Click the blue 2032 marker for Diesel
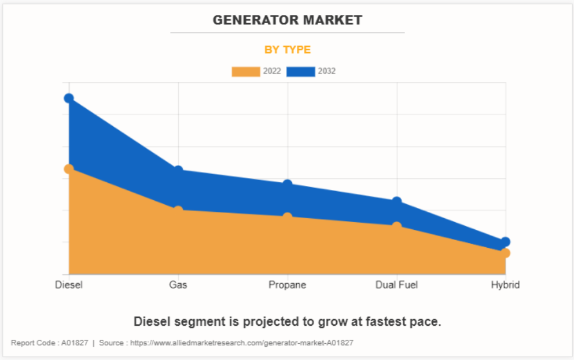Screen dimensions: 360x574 (x=69, y=98)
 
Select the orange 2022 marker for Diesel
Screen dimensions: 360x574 (x=69, y=169)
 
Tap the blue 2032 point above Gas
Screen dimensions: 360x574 (x=178, y=171)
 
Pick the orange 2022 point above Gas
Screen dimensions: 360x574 (x=178, y=211)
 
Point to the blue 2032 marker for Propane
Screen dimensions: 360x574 (x=288, y=185)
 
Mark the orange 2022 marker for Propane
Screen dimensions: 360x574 (x=288, y=217)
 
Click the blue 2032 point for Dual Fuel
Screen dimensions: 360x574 (x=396, y=202)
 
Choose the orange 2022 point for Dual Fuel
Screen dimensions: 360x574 (x=396, y=226)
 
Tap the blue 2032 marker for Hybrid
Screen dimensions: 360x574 (x=505, y=242)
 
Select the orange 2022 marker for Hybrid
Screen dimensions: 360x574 (x=505, y=253)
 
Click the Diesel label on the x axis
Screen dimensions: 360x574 (x=69, y=285)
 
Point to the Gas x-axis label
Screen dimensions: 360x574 (x=178, y=285)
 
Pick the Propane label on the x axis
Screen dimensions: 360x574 (x=288, y=285)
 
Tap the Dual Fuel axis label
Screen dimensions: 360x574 (x=396, y=285)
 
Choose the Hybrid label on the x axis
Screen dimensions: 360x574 (x=505, y=285)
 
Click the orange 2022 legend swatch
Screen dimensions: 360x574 (x=246, y=72)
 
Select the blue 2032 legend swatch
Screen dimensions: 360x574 (x=301, y=72)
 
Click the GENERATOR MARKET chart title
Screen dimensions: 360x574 (x=287, y=20)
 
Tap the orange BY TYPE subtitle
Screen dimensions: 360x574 (x=287, y=50)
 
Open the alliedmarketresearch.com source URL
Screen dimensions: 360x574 (x=242, y=343)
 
